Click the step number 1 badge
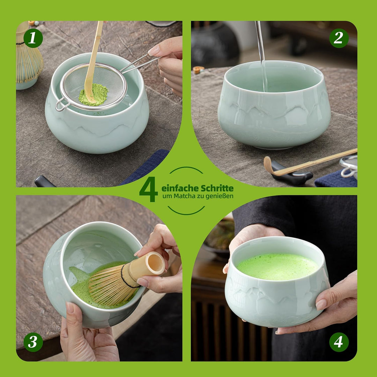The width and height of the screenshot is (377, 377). (33, 38)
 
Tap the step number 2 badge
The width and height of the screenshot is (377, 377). (339, 38)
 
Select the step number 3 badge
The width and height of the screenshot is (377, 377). (33, 342)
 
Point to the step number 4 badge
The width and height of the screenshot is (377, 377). (339, 342)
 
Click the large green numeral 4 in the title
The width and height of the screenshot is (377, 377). (149, 189)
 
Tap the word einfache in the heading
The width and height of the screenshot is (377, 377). (180, 188)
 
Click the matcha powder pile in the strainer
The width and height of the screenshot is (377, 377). (94, 95)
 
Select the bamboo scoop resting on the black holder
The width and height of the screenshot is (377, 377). (310, 164)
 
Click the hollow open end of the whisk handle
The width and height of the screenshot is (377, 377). (155, 263)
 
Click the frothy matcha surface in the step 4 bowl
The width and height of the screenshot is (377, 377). (278, 267)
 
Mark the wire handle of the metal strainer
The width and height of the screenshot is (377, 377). (139, 63)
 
